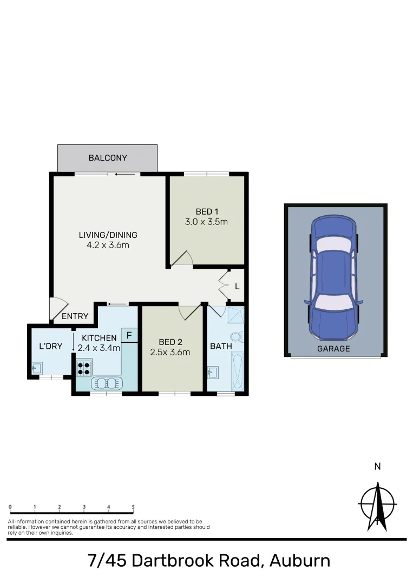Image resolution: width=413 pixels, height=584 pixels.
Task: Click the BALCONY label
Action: tap(108, 158)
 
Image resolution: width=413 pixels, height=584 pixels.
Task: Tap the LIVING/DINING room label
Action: tap(108, 235)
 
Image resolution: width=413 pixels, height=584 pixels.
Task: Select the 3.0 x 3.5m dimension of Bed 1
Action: tap(207, 221)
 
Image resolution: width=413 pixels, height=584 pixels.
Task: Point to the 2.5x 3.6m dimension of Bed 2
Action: tap(170, 353)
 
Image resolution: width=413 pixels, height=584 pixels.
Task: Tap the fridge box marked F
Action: tap(129, 335)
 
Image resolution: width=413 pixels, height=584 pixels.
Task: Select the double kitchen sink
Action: tap(107, 383)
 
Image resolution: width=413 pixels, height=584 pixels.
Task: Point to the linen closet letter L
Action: tap(237, 286)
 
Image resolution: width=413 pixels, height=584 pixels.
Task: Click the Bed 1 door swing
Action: tap(181, 260)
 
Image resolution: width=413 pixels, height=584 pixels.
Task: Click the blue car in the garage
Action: tap(333, 276)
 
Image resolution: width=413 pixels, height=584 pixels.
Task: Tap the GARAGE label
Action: tap(333, 349)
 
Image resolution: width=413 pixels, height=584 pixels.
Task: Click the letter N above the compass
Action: tap(378, 466)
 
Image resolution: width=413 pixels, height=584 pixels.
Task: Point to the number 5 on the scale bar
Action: tap(133, 507)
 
